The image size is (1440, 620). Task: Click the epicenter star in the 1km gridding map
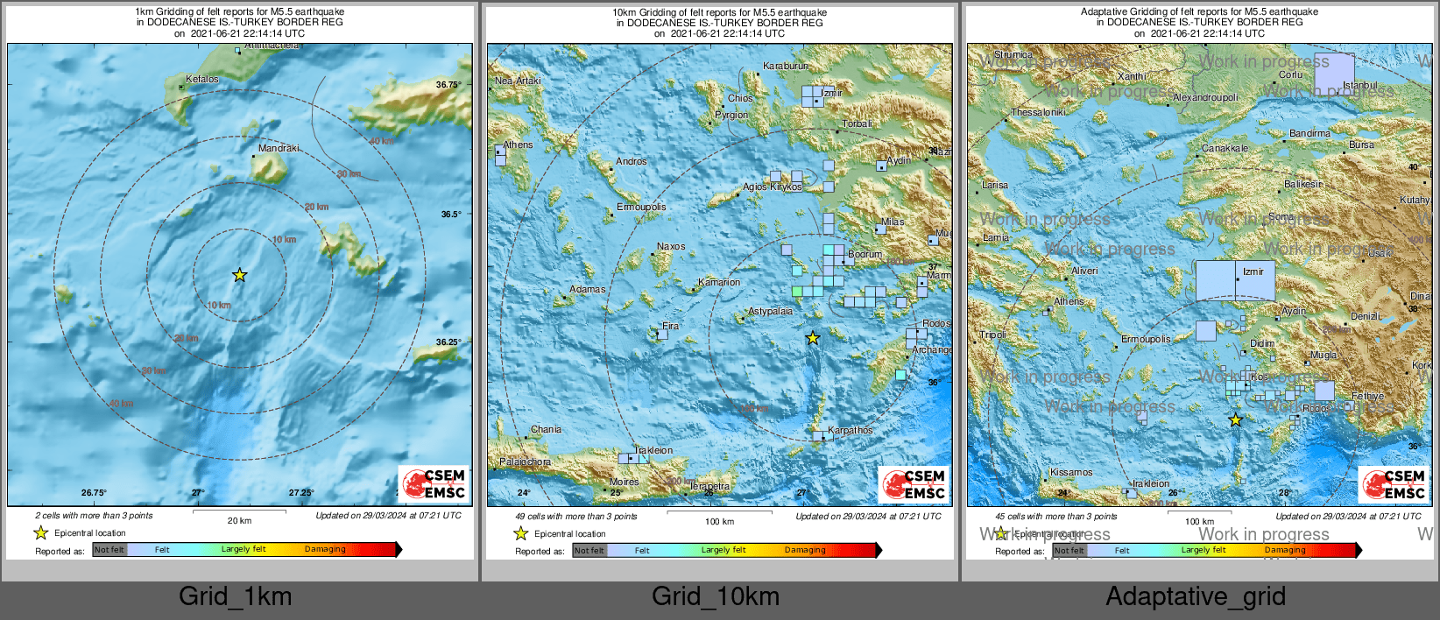click(x=239, y=275)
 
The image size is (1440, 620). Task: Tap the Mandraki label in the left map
click(x=279, y=148)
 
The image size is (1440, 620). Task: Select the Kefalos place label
click(x=202, y=80)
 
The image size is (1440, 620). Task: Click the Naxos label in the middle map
click(x=671, y=246)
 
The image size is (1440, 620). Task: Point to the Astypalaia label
click(x=770, y=312)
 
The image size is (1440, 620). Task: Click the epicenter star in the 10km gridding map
click(x=813, y=338)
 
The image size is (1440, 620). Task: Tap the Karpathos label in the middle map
click(x=850, y=430)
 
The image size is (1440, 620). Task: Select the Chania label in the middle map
click(x=546, y=429)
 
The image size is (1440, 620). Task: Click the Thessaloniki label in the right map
click(x=1038, y=112)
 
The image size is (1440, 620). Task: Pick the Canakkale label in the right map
click(x=1225, y=148)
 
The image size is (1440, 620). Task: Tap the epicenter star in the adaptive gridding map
click(x=1235, y=420)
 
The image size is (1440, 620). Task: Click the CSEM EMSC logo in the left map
click(x=434, y=484)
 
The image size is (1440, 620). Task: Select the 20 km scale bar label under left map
click(x=239, y=520)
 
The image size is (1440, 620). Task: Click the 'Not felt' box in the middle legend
click(x=589, y=551)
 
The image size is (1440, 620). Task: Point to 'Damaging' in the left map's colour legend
click(x=325, y=549)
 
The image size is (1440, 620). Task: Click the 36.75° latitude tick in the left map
click(x=448, y=85)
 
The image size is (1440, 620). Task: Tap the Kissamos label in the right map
click(x=1070, y=472)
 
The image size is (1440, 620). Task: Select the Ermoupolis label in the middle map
click(x=641, y=208)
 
